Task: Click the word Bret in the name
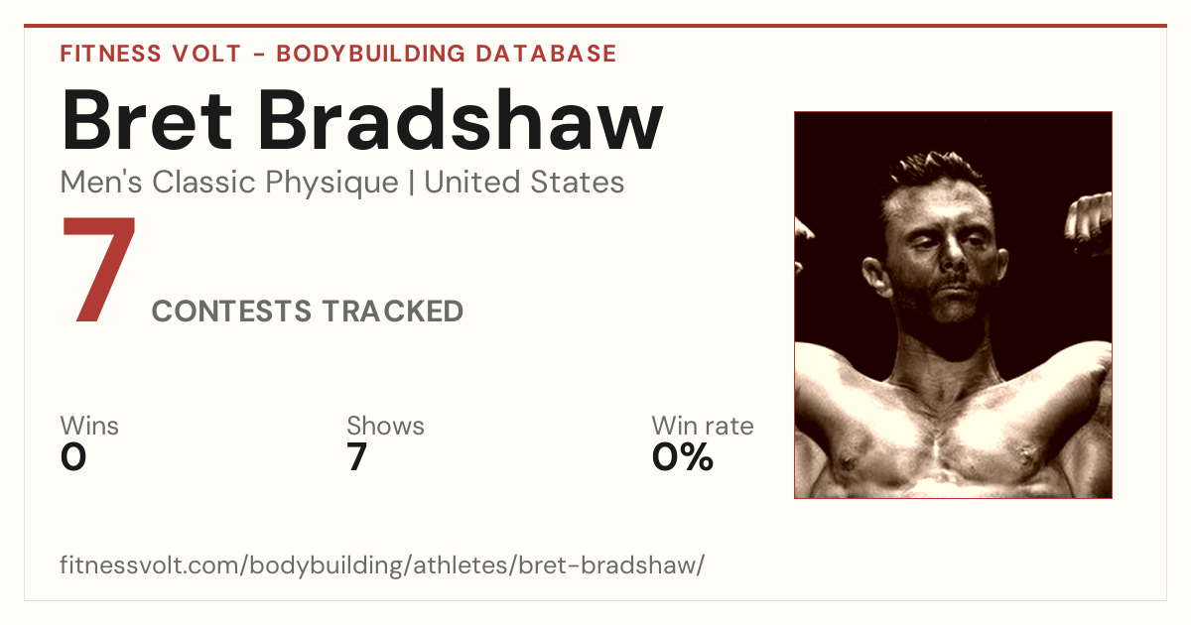(147, 120)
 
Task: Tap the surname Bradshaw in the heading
(461, 120)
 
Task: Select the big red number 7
(99, 269)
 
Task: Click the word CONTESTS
(231, 311)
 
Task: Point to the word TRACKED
(392, 311)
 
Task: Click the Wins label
(89, 426)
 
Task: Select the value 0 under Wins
(73, 457)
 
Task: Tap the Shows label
(385, 426)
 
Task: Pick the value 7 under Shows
(356, 457)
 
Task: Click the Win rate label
(703, 426)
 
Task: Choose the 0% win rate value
(683, 457)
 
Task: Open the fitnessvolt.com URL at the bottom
(382, 564)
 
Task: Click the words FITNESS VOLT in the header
(151, 54)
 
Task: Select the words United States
(524, 183)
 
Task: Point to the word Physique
(331, 184)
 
